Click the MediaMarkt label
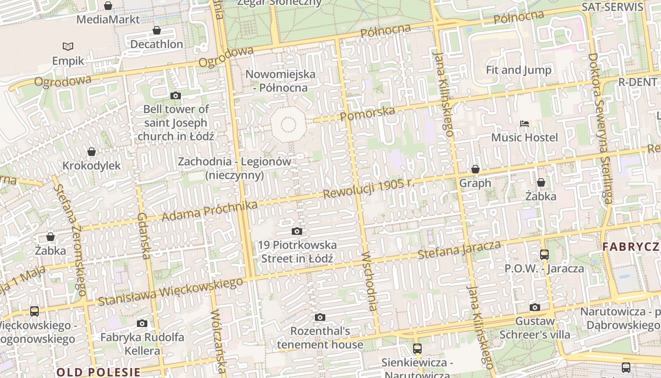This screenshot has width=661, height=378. [x=108, y=19]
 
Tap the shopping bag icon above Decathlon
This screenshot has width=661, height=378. [x=157, y=31]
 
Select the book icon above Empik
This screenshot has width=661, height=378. [x=68, y=46]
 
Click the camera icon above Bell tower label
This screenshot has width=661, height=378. [x=176, y=96]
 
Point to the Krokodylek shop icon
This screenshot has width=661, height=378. [x=92, y=152]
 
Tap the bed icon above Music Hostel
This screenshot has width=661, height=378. [x=524, y=124]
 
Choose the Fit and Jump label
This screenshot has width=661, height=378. [x=518, y=70]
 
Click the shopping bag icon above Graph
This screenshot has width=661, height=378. [x=475, y=169]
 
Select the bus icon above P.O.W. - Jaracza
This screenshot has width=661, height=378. [x=544, y=255]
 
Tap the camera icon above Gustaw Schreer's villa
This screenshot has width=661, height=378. [x=534, y=308]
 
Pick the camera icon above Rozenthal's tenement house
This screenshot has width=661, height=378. [x=320, y=317]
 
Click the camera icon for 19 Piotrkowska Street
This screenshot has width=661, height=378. [x=297, y=231]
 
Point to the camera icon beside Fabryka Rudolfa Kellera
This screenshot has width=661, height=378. [x=142, y=324]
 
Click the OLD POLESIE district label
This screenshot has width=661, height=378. [x=98, y=372]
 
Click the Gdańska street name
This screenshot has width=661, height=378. [x=144, y=236]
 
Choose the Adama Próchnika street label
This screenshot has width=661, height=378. [x=210, y=211]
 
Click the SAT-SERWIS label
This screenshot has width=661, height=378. [x=612, y=7]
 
